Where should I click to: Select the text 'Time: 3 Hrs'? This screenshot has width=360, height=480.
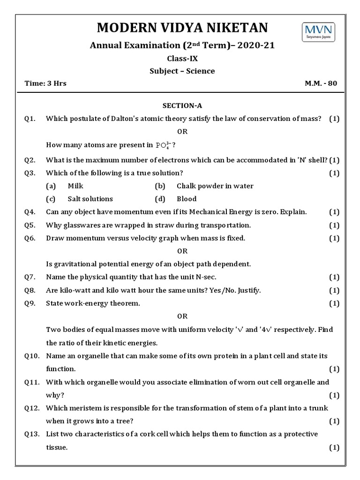click(45, 83)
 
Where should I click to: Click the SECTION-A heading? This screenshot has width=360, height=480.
click(182, 106)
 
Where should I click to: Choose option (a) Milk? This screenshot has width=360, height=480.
click(75, 186)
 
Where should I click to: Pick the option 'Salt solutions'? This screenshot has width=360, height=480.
click(90, 199)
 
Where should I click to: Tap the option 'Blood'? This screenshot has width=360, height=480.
click(187, 199)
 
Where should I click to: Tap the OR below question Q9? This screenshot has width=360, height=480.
click(182, 316)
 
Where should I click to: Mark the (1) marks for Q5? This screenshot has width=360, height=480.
click(334, 225)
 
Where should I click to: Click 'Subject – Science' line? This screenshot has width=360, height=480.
click(182, 71)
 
